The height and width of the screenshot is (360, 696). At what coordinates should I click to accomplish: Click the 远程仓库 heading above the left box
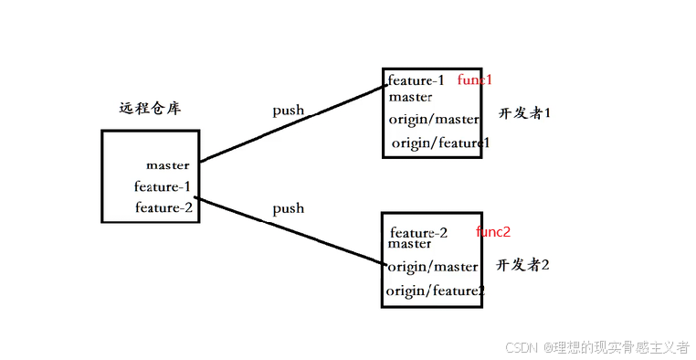click(150, 108)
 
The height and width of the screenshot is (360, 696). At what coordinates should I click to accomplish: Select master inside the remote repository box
click(167, 165)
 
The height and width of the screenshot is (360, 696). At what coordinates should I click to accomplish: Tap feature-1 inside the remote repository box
click(163, 186)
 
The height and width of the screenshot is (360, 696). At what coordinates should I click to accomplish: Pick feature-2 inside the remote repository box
click(163, 207)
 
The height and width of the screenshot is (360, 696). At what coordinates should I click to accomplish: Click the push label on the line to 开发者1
click(288, 111)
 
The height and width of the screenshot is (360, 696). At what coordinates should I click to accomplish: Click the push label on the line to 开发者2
click(288, 208)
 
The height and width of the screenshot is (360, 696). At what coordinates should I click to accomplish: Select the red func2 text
click(493, 232)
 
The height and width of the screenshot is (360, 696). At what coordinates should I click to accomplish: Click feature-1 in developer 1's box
click(417, 79)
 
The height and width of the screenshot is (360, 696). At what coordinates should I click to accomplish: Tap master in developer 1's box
click(410, 96)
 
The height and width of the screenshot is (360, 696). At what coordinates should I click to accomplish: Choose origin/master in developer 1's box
click(434, 119)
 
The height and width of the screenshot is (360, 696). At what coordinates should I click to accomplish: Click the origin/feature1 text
click(441, 143)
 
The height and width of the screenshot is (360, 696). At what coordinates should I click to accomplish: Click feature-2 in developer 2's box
click(418, 232)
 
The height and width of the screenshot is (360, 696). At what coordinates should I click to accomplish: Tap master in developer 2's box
click(409, 244)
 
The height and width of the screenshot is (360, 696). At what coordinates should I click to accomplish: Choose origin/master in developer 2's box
click(433, 267)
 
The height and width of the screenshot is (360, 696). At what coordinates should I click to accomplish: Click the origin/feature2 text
click(435, 291)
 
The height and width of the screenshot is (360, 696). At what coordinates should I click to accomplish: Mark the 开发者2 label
click(522, 265)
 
